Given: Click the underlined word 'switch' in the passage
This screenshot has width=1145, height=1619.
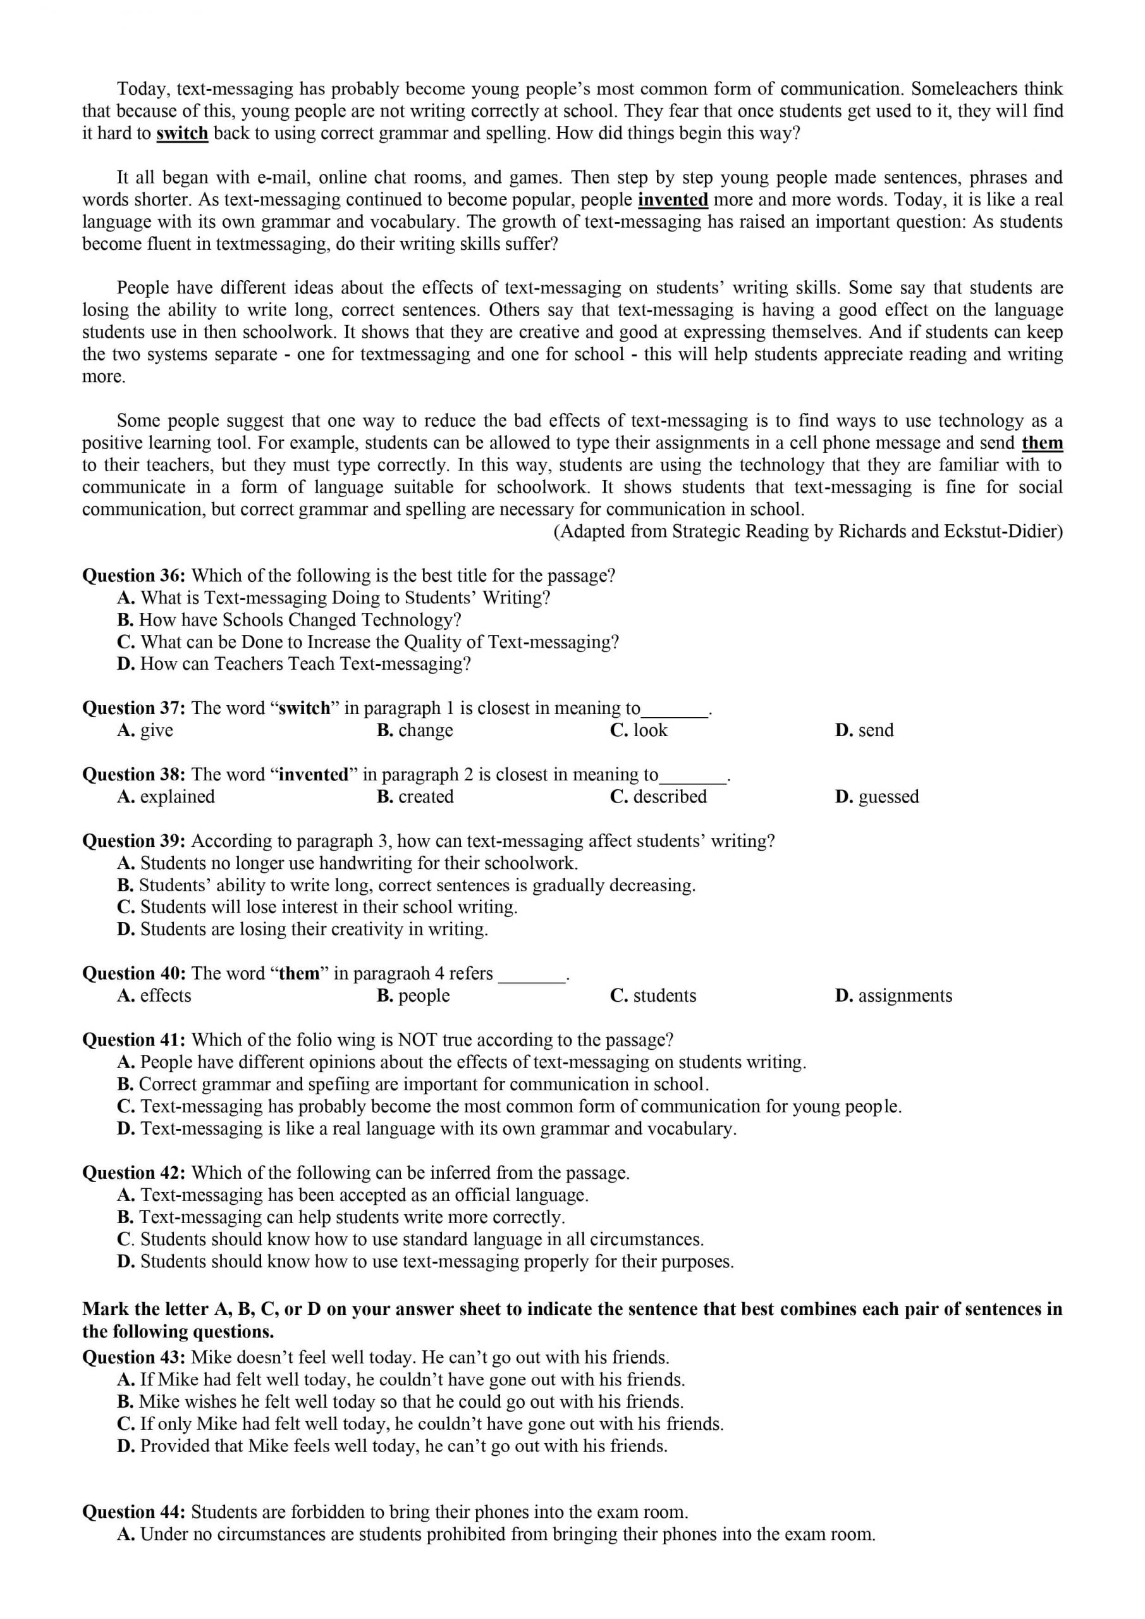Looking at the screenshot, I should pos(182,133).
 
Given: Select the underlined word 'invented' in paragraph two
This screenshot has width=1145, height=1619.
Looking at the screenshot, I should pos(673,200).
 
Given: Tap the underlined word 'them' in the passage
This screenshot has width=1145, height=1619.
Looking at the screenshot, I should pos(1041,443).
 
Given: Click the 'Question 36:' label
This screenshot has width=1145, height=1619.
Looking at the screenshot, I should pos(134,576).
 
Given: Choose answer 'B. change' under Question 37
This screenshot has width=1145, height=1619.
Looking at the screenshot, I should pos(415,730).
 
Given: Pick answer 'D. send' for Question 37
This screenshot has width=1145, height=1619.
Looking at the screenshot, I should pos(864,730).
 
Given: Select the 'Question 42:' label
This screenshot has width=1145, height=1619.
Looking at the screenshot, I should pos(134,1173).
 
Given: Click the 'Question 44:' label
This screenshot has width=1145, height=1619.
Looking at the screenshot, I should pos(134,1512).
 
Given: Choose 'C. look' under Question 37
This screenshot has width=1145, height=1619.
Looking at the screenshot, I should pos(638,730).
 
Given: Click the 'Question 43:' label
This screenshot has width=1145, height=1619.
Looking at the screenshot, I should pos(134,1357).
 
